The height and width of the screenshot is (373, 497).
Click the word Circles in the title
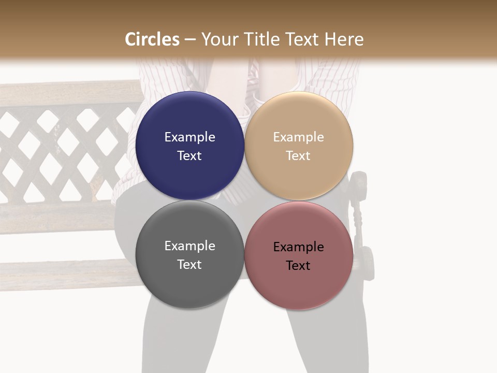click(152, 39)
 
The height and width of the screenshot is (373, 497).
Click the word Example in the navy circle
click(189, 137)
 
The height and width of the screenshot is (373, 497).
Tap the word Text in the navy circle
click(189, 156)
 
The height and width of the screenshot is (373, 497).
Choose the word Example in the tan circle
click(299, 137)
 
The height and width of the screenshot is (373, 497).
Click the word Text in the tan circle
click(299, 156)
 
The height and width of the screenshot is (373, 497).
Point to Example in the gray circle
click(189, 246)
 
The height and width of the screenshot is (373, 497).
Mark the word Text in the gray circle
click(189, 265)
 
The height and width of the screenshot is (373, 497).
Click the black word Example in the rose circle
click(299, 247)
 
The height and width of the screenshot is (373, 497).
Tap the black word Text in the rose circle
click(299, 266)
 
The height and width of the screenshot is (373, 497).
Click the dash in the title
click(190, 40)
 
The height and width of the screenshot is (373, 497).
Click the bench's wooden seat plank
click(62, 275)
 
